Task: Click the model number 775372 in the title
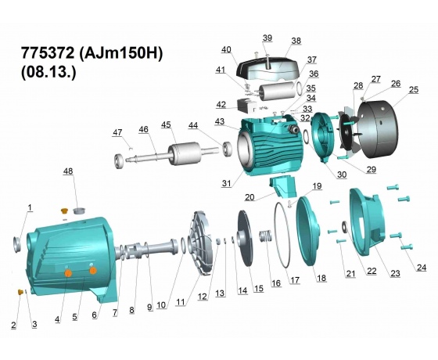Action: pyautogui.click(x=48, y=53)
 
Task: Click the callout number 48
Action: pyautogui.click(x=68, y=171)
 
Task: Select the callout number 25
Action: pyautogui.click(x=414, y=89)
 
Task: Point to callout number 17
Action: pyautogui.click(x=295, y=280)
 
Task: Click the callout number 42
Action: pyautogui.click(x=221, y=105)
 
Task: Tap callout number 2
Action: pyautogui.click(x=13, y=325)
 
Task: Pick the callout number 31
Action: pyautogui.click(x=227, y=183)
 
